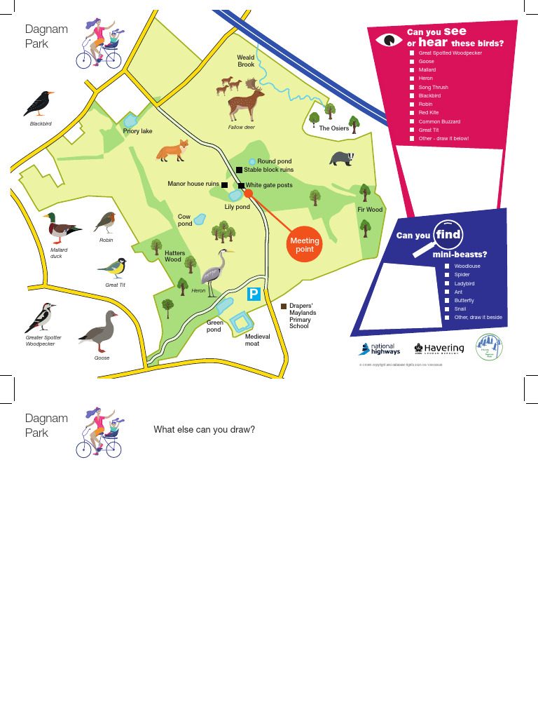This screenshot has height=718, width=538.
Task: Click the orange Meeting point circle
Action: coord(305,245)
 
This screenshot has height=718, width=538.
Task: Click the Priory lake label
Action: coord(137,131)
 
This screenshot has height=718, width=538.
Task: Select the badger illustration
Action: coord(343,158)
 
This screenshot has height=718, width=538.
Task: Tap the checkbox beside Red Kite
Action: coord(412,113)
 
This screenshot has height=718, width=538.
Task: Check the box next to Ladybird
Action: coord(448,283)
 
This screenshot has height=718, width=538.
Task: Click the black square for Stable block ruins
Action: coord(239,170)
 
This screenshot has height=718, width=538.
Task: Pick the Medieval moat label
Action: coord(257,340)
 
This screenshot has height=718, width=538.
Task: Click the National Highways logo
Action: coord(378,348)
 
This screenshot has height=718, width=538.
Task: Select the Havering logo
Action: coord(439,348)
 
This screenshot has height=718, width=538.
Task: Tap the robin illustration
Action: coord(106,223)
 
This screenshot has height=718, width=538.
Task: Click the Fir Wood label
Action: coord(370,210)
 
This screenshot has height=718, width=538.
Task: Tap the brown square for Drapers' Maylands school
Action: coord(284,306)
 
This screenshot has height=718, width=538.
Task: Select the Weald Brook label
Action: coord(246,61)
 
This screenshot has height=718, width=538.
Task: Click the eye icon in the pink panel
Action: coord(387,40)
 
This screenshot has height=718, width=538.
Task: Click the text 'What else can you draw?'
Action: coord(205,429)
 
